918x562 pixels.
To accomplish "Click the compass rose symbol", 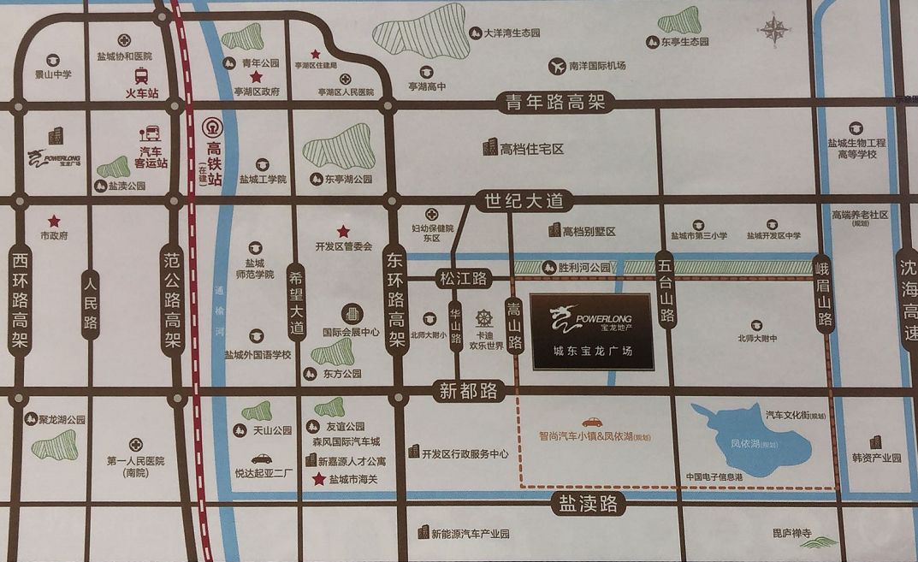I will (774, 30).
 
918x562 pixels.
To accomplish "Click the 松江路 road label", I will (462, 278).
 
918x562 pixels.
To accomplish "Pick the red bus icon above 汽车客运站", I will (151, 133).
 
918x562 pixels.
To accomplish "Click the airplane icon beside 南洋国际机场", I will (559, 65).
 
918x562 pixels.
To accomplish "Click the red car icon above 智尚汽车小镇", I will (591, 422).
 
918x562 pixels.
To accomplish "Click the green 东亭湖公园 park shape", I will (338, 147).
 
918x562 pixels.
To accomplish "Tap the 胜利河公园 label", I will (584, 268).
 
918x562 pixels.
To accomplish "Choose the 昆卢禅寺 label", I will (791, 533).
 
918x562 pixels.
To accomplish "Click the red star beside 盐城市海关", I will (318, 479).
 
